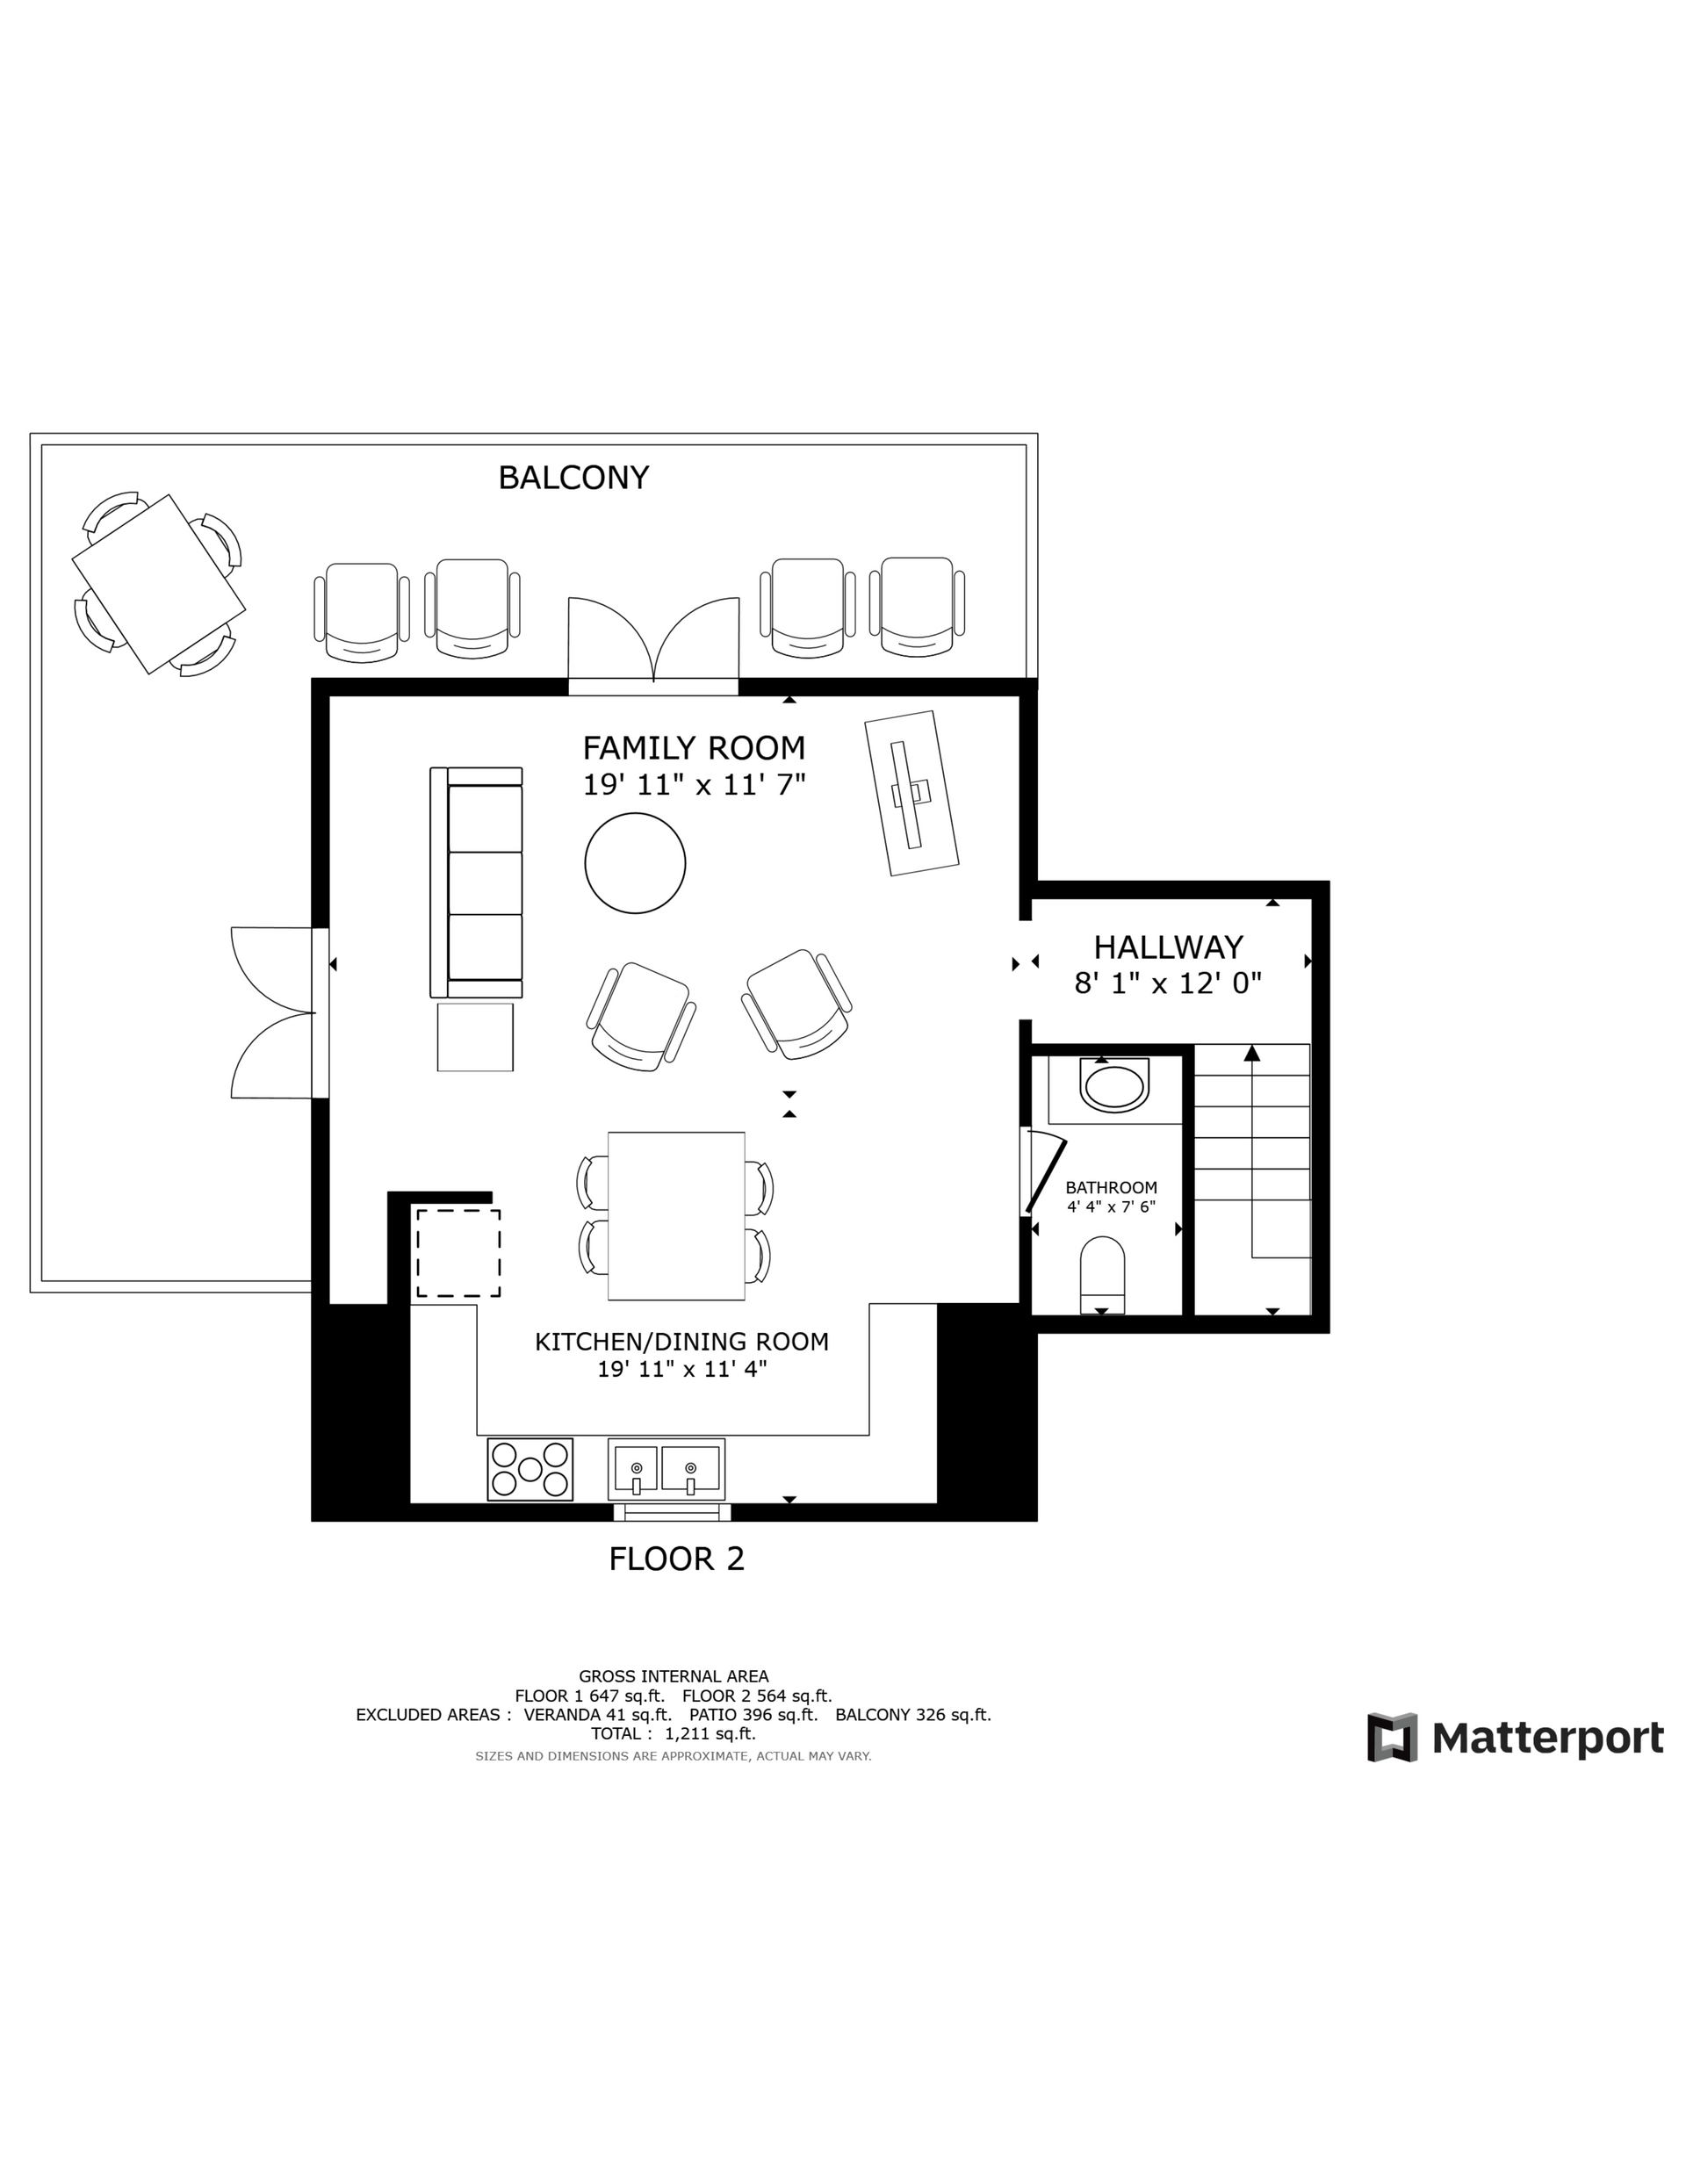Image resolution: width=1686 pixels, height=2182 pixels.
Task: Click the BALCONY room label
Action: pos(573,478)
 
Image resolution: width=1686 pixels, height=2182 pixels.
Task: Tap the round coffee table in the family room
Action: pos(635,862)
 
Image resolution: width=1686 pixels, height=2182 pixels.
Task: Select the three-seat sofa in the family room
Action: pos(476,882)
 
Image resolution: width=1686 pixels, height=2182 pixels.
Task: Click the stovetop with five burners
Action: pos(530,1469)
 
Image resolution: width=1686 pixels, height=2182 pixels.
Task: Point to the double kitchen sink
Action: pos(666,1469)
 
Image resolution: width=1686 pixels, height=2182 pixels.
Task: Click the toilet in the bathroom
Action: pos(1102,1276)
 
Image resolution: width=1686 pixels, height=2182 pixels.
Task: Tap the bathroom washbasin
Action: pos(1114,1087)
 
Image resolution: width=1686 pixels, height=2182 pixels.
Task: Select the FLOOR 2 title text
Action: pos(677,1559)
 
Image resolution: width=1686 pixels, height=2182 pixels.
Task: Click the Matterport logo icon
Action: pos(1392,1738)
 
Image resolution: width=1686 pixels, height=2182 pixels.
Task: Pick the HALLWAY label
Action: pos(1168,947)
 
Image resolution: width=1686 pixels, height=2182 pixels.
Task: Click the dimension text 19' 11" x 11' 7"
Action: pos(695,785)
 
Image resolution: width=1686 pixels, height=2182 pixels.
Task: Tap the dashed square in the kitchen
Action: pos(458,1253)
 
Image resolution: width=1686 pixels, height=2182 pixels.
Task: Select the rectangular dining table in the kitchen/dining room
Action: pos(677,1216)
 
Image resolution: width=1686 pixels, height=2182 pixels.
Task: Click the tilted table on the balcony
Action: pos(159,585)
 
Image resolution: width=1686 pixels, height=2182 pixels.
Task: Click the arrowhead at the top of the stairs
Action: pos(1252,1052)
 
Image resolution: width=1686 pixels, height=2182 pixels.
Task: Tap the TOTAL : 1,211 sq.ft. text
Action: pos(674,1733)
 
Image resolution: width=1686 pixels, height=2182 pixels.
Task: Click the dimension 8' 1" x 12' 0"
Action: pos(1168,983)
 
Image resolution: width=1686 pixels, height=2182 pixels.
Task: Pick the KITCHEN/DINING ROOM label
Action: pos(681,1342)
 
